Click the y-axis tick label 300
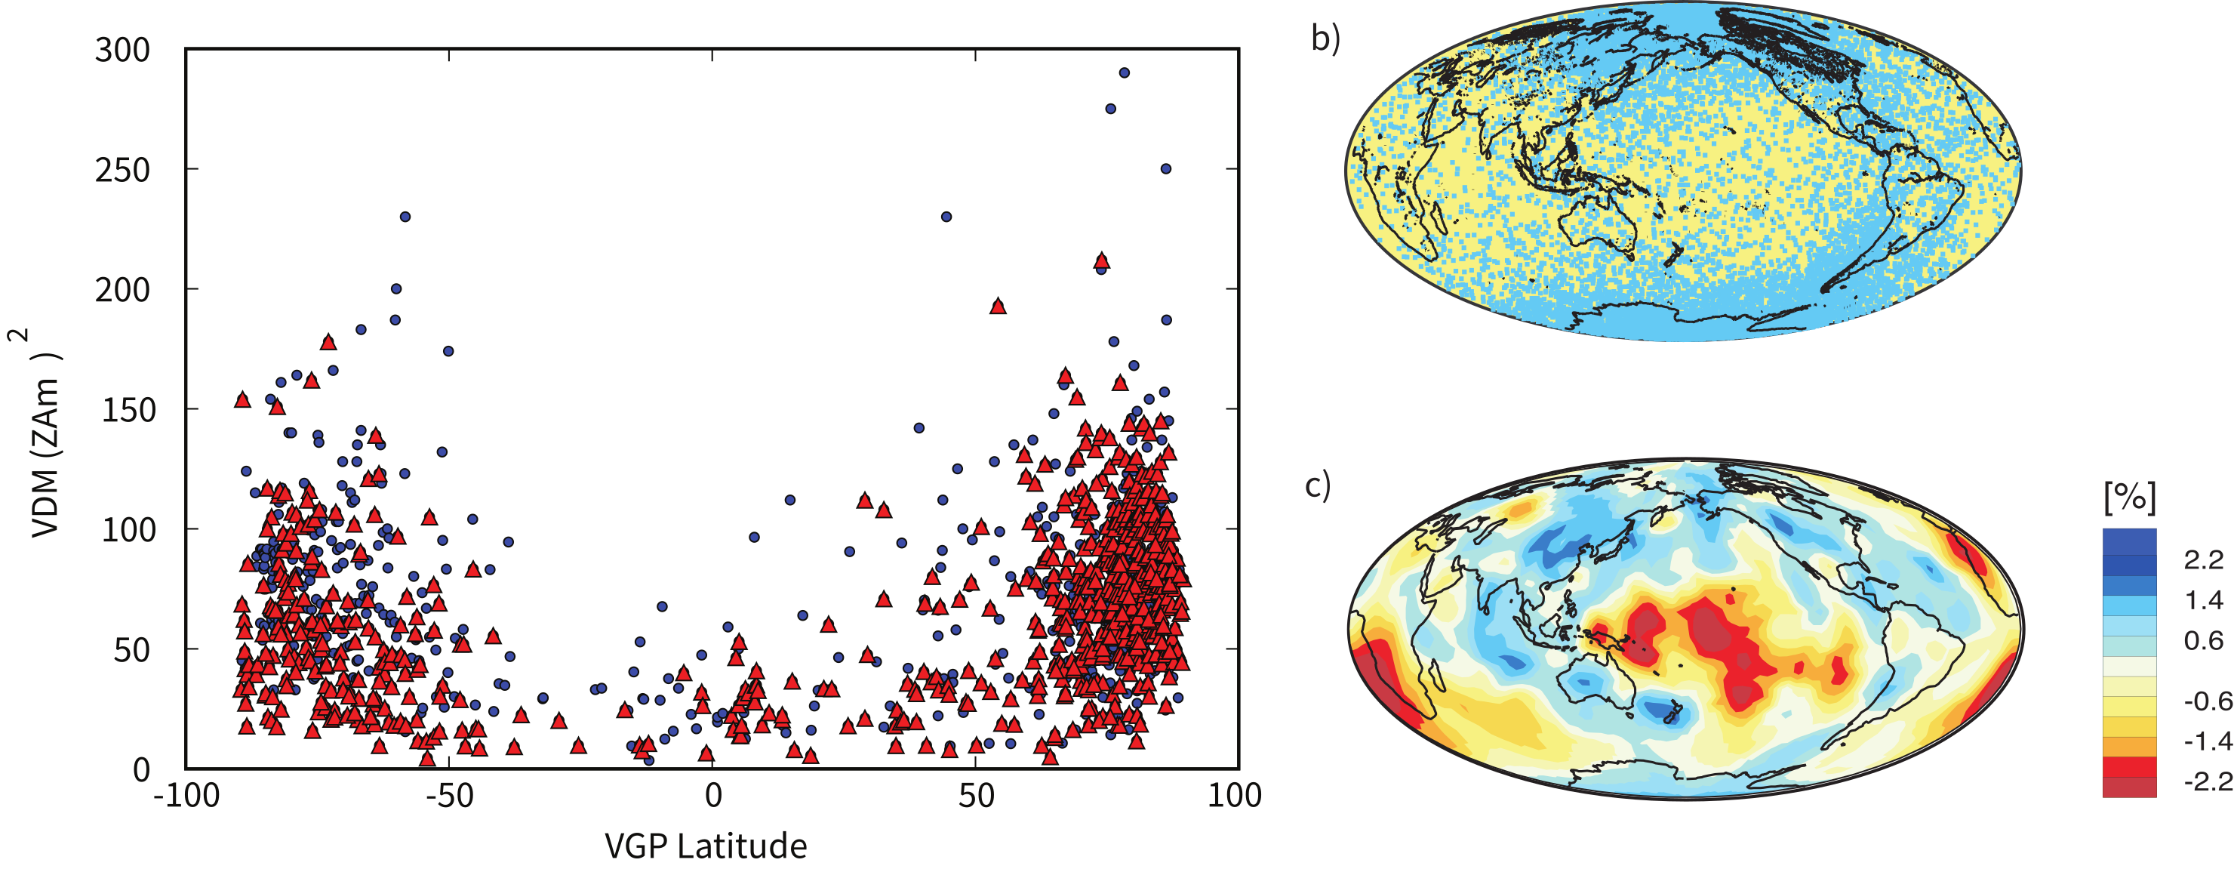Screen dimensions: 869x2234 tap(122, 51)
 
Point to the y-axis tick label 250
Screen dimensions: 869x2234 tap(122, 170)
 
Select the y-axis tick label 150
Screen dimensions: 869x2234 tap(128, 410)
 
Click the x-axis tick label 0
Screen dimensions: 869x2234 tap(712, 794)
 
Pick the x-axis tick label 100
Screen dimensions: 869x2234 tap(1234, 794)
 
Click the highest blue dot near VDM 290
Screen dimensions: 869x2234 tap(1124, 72)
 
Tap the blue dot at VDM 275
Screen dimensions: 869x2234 tap(1110, 109)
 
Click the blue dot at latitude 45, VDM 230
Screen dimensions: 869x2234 tap(946, 217)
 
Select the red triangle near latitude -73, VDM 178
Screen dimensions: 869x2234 tap(328, 343)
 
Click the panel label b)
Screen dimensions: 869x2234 tap(1325, 39)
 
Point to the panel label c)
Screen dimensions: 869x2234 tap(1317, 485)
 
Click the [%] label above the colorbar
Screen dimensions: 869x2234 tap(2129, 497)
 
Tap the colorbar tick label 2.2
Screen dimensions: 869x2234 tap(2204, 560)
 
